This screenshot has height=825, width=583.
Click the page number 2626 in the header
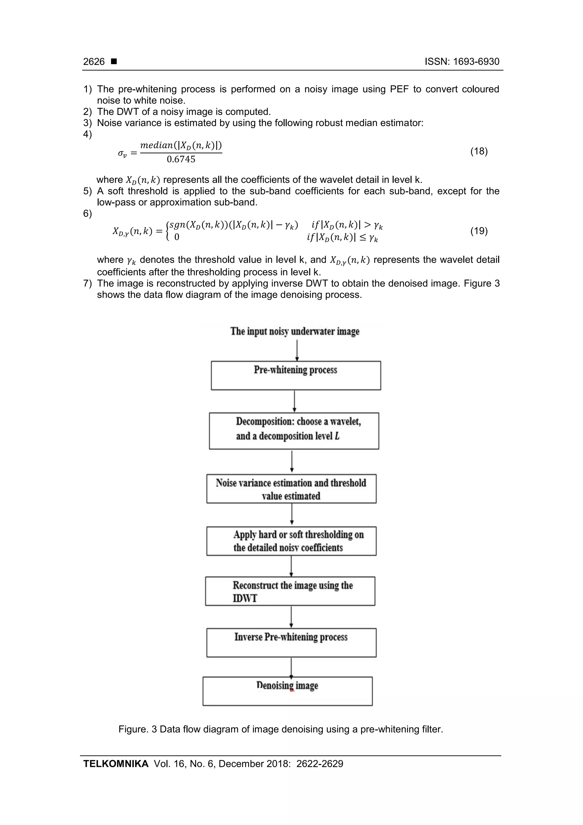click(x=94, y=62)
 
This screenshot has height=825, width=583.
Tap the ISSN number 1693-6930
click(x=476, y=62)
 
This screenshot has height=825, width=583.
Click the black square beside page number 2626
click(x=114, y=62)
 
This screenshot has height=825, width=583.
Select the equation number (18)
click(x=479, y=151)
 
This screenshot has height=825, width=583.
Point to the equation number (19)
click(x=479, y=231)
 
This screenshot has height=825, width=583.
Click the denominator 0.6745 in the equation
click(x=181, y=159)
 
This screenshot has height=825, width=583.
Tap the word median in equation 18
click(x=157, y=145)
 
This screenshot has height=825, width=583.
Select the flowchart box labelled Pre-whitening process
click(x=296, y=376)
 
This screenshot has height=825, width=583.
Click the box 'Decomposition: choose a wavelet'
click(x=294, y=431)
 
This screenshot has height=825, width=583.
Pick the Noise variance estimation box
click(x=291, y=489)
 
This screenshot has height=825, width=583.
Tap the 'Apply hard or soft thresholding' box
click(x=291, y=541)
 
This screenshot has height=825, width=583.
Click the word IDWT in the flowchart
click(x=245, y=598)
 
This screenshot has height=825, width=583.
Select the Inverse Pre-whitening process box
click(x=291, y=643)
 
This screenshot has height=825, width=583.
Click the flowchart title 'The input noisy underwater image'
click(x=295, y=331)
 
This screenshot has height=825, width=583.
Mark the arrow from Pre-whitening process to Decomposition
click(x=295, y=401)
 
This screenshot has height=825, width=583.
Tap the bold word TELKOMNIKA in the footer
click(x=116, y=763)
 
